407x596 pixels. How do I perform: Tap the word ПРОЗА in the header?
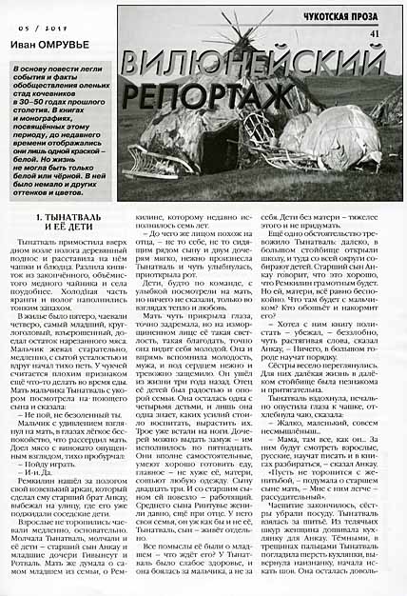click(374, 17)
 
